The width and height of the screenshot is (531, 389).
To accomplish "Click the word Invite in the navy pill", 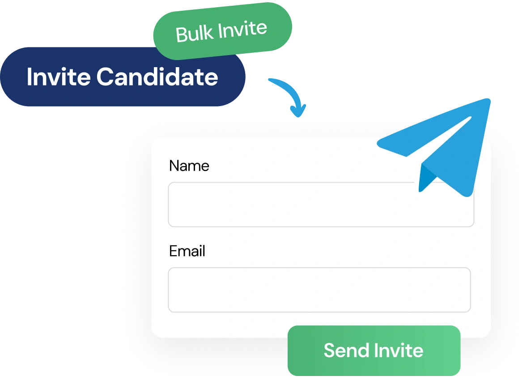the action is pos(59,77).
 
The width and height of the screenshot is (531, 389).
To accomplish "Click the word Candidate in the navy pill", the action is pos(157,77).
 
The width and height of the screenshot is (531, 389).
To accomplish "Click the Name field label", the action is pos(189,166).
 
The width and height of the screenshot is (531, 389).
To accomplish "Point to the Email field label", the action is pos(187,251).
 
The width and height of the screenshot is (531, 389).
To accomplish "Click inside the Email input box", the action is pos(319,290).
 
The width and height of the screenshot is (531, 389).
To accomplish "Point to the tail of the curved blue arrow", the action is pos(270,80).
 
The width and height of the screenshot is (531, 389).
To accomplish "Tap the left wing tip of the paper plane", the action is pos(378,144).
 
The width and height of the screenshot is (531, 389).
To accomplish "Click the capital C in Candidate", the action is pos(105,77).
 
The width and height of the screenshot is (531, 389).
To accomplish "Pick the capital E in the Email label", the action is pos(173,251).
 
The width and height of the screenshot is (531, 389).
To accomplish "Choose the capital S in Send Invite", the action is pos(330,350).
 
